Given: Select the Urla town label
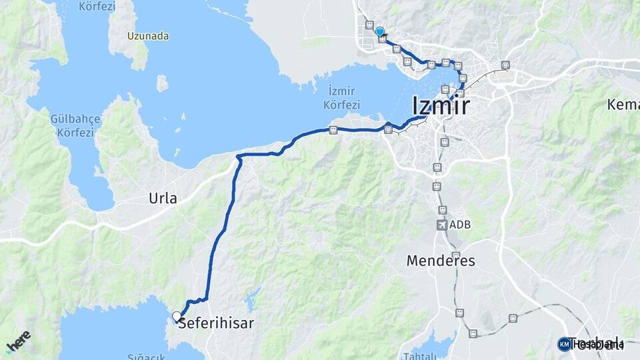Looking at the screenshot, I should [163, 199].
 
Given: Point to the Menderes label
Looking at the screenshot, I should [441, 261].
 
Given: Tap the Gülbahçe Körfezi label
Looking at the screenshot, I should [75, 125].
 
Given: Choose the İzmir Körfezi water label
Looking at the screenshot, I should [341, 98].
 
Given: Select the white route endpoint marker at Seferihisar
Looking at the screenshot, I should [177, 316].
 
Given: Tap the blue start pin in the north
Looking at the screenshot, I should [379, 31].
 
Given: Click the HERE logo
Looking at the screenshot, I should [18, 342].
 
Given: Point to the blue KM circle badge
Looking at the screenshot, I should [564, 344].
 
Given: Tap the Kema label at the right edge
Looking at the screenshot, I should [624, 105].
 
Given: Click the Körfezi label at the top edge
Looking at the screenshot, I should [97, 7].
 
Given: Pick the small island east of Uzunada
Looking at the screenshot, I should [162, 83].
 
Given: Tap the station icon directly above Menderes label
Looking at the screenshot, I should [455, 255].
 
